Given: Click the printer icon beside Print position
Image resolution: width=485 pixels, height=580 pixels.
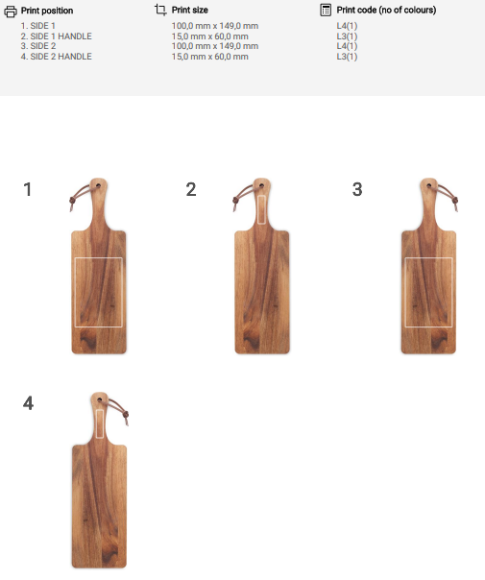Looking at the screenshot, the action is click(11, 12).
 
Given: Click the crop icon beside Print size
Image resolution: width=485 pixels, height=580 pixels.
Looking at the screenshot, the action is click(160, 10).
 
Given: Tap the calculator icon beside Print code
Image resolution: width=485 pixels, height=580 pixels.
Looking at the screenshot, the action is click(326, 10).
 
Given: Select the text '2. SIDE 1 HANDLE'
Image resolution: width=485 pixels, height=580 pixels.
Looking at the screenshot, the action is click(57, 36).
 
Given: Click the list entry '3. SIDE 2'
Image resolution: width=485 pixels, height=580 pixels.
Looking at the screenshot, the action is click(38, 46).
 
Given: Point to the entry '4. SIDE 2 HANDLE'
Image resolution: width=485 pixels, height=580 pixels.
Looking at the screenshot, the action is click(57, 57).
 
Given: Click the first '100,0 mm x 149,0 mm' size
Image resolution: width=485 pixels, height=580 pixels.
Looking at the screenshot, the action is click(215, 26).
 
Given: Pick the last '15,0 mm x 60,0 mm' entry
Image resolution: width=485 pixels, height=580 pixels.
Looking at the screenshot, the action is click(209, 57).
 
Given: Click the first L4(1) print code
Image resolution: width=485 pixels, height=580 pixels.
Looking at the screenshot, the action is click(347, 26).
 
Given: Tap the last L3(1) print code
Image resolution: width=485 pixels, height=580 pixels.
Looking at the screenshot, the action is click(347, 57).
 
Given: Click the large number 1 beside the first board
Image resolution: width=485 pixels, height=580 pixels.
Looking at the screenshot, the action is click(28, 189).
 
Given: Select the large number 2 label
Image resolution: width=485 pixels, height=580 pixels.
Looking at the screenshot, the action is click(191, 189).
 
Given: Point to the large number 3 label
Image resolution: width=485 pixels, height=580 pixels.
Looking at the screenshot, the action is click(357, 189).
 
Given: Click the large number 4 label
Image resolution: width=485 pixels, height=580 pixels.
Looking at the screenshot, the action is click(28, 403).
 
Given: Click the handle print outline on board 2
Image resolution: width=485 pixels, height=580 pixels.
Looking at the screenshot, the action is click(257, 209).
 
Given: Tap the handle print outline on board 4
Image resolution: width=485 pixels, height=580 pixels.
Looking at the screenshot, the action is click(96, 423).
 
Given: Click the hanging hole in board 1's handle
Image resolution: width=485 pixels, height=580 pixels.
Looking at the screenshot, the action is click(98, 185).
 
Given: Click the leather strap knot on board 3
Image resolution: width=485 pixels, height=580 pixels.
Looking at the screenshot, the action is click(455, 201).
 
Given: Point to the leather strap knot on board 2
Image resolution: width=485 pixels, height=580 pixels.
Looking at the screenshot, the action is click(235, 201).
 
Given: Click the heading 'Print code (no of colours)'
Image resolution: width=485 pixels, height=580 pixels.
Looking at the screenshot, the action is click(386, 10).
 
